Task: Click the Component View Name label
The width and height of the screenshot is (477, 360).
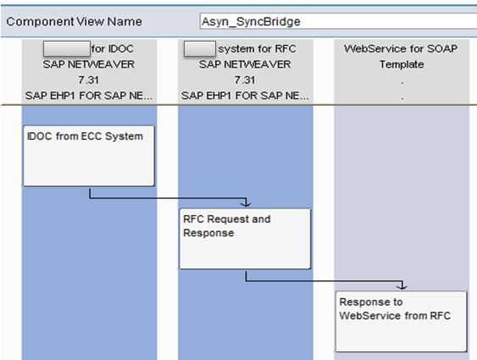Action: coord(74,21)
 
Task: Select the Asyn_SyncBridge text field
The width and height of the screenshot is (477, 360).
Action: coord(338,21)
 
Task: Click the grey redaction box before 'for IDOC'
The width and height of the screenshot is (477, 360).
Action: coord(67,48)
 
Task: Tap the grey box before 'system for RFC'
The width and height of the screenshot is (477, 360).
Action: coord(200,48)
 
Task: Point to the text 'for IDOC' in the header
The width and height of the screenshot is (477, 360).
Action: coord(112,48)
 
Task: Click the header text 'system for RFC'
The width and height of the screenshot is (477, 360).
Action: coord(257,48)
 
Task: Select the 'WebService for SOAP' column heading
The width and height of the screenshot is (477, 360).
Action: coord(401,48)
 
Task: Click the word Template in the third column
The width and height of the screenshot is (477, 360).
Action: coord(402,64)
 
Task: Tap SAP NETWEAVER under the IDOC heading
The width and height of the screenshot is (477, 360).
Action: coord(88,64)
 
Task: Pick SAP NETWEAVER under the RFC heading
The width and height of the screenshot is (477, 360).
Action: coord(245,64)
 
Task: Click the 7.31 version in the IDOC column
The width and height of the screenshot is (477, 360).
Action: coord(88,80)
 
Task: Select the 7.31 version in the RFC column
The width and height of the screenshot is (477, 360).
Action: coord(245,80)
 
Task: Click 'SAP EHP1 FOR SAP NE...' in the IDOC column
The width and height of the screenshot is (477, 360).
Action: coord(89,96)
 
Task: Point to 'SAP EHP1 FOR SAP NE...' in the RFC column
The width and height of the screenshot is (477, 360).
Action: coord(245,96)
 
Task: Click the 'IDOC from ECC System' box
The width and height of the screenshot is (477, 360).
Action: coord(89,156)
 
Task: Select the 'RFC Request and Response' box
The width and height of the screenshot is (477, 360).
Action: coord(245,239)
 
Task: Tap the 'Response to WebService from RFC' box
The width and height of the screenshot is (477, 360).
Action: coord(402,322)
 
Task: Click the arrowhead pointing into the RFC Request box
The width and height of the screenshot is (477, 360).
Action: coord(246,203)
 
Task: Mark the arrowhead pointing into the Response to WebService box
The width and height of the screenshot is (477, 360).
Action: coord(402,286)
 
